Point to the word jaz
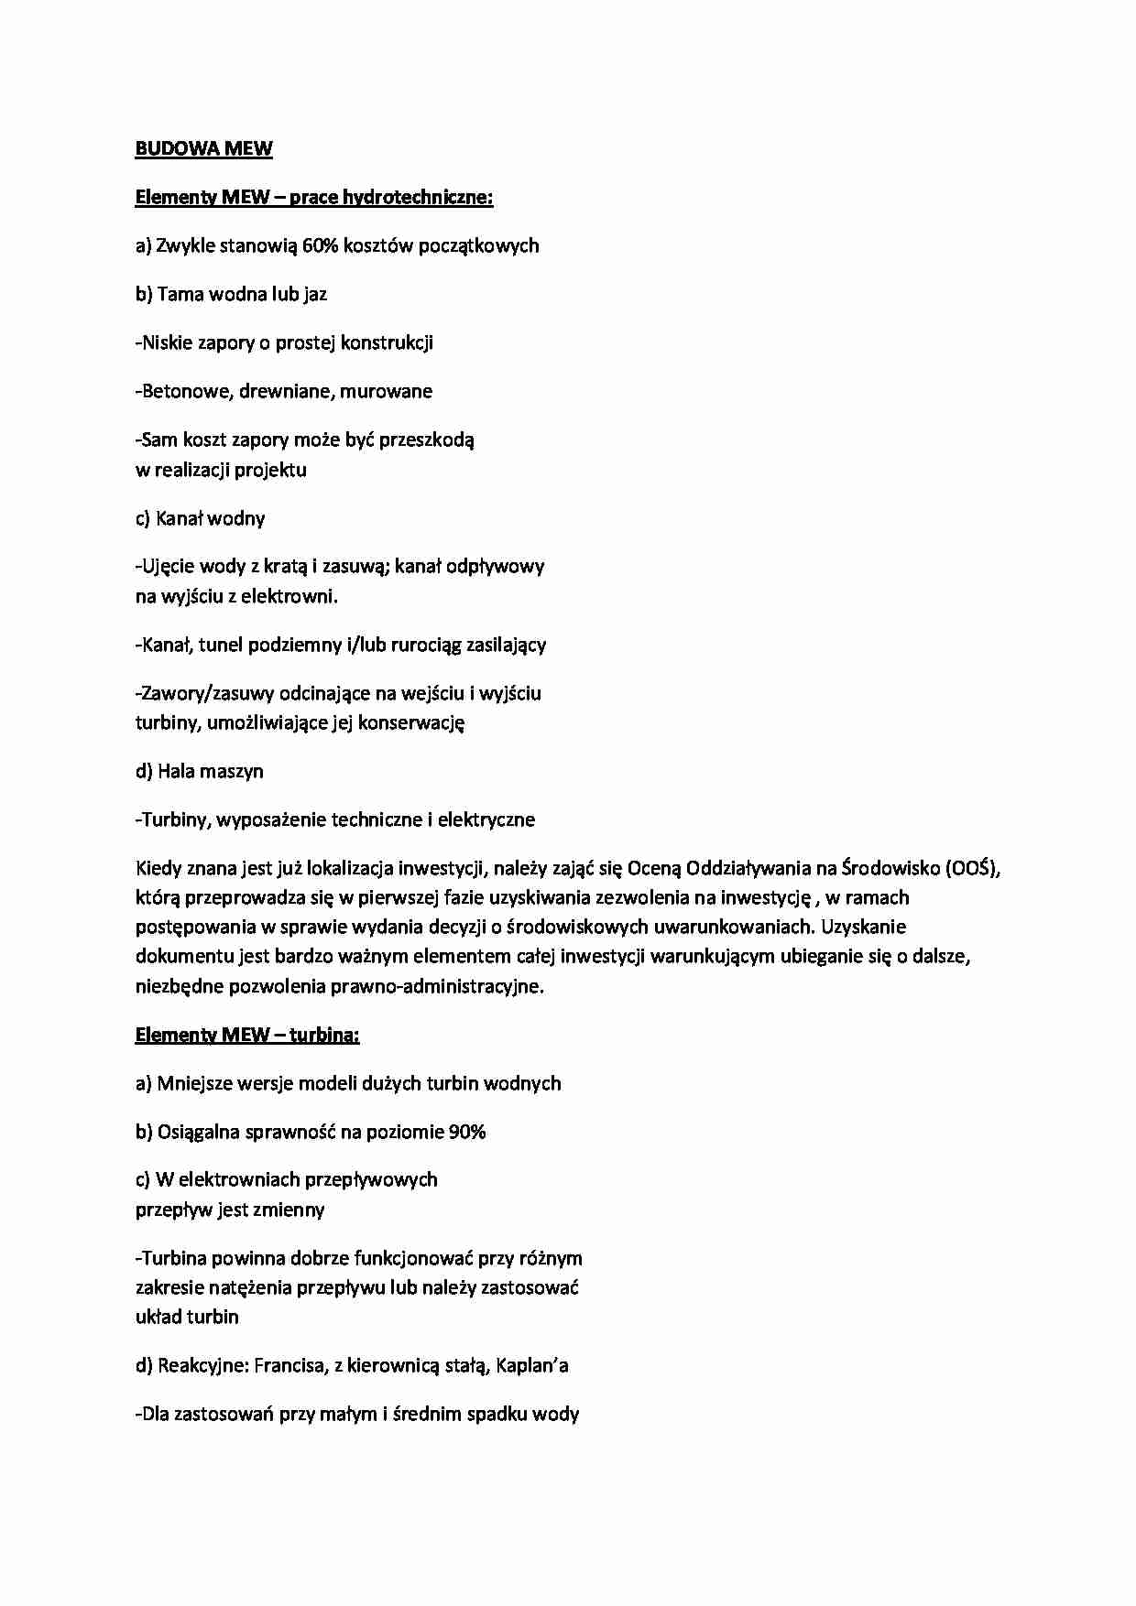[x=316, y=295]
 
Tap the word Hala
[x=175, y=771]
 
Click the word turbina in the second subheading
[x=324, y=1036]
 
